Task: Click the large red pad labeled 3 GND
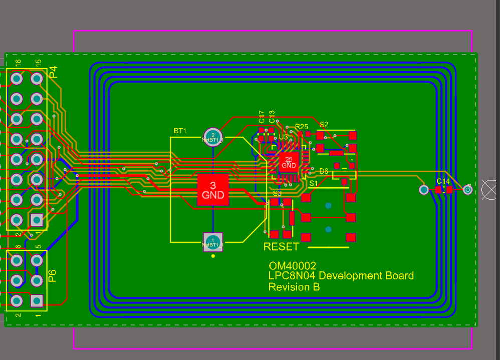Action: (x=213, y=190)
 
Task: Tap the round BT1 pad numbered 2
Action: (x=213, y=137)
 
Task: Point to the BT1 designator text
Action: (x=180, y=131)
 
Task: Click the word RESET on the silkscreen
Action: (x=281, y=246)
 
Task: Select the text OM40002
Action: (x=293, y=266)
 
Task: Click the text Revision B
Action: (x=294, y=287)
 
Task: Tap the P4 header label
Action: (x=53, y=72)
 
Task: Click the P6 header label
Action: (x=52, y=276)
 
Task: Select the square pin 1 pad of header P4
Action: (x=37, y=220)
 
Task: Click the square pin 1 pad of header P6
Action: (x=37, y=300)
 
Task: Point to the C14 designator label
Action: (x=443, y=181)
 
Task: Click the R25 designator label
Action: (x=302, y=127)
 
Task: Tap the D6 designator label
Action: (x=324, y=171)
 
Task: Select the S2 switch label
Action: (x=324, y=124)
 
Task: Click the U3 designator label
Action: (x=284, y=136)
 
